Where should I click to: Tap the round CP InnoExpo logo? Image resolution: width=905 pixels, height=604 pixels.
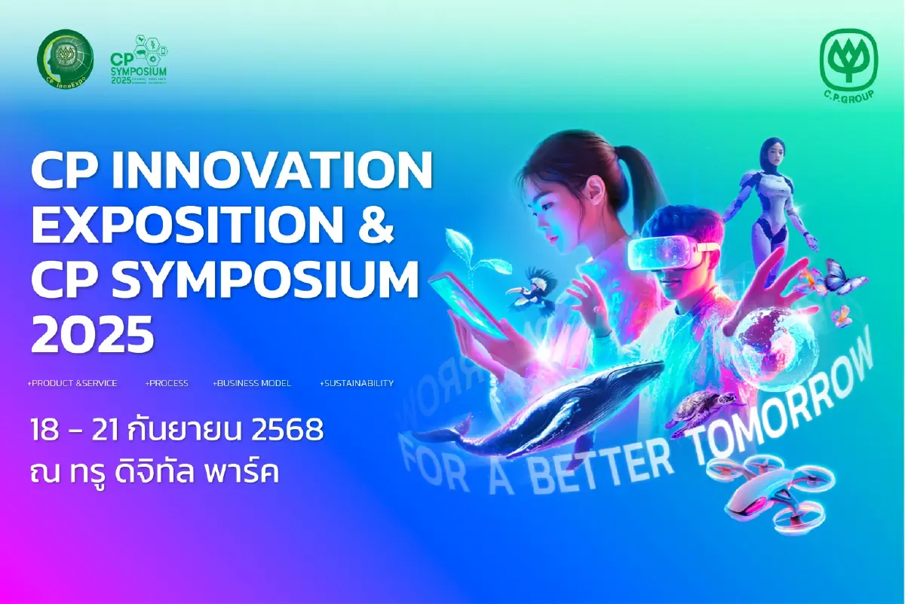coord(66,58)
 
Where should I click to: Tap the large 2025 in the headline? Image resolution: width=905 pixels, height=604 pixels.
coord(91,335)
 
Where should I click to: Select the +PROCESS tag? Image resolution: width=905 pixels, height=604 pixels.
coord(167,383)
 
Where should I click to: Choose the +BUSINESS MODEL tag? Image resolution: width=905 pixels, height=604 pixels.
coord(252,383)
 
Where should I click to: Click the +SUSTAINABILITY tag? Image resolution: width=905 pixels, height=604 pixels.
coord(357,383)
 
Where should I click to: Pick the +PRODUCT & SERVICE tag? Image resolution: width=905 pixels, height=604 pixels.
coord(72,383)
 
